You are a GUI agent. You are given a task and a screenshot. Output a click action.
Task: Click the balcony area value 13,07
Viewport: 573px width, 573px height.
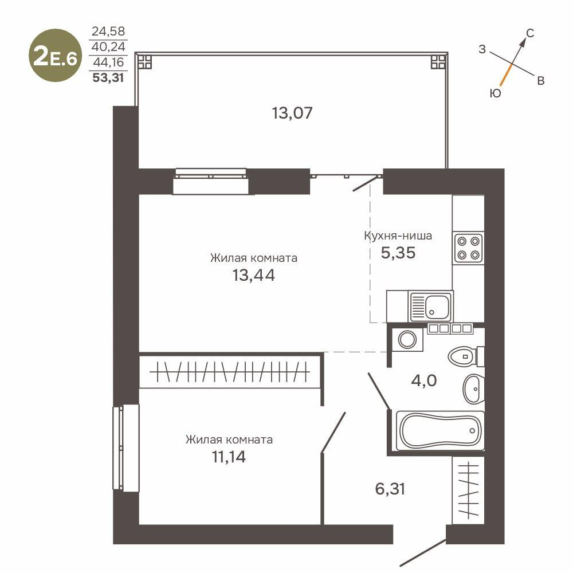(292, 113)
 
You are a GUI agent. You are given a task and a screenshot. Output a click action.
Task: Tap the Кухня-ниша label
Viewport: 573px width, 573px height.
(398, 236)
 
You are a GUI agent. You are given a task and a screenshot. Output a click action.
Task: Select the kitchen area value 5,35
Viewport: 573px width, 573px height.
(398, 252)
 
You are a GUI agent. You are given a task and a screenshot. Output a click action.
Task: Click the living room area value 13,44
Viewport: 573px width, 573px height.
(253, 276)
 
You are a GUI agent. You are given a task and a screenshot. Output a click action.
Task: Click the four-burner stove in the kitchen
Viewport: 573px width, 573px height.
(468, 248)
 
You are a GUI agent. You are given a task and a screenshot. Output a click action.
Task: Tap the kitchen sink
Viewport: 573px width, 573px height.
(430, 307)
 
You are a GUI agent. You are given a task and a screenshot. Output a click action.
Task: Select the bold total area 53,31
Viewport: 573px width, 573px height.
(108, 79)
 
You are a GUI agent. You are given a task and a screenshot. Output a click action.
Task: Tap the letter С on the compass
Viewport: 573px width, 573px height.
(530, 34)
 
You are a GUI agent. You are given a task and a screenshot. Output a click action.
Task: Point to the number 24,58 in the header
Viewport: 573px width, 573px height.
(108, 31)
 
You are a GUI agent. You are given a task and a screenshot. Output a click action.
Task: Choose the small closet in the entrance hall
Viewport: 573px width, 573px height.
(468, 490)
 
